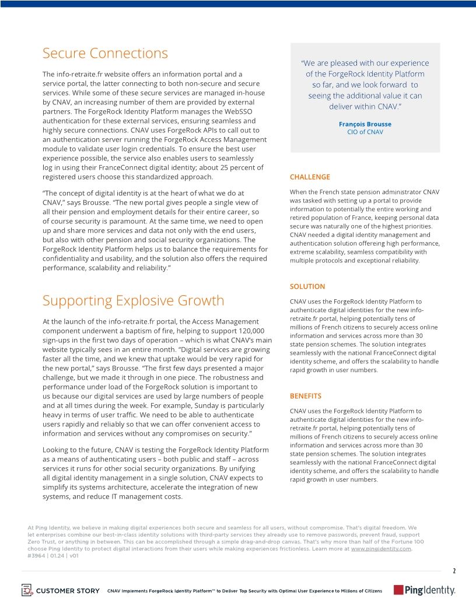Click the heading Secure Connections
[105, 53]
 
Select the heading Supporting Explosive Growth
[133, 300]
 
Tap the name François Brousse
[365, 124]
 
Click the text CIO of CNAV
[365, 132]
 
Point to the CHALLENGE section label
[310, 177]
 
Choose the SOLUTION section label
[307, 286]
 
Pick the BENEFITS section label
[307, 396]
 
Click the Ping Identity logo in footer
[425, 590]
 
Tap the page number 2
[454, 571]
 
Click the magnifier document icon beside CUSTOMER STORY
[27, 590]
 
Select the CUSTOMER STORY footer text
[68, 591]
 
